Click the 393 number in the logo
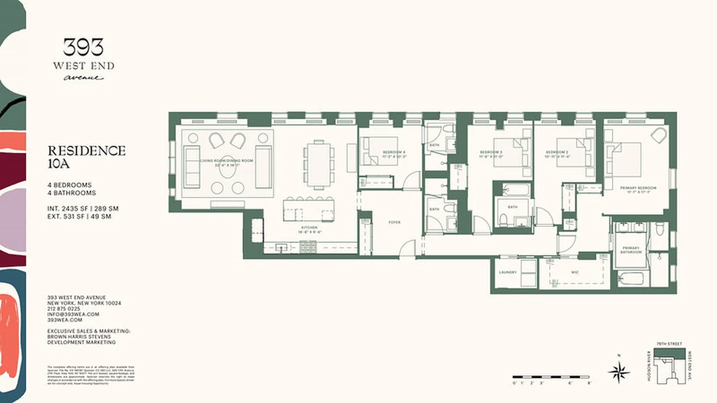(84, 47)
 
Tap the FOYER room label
(394, 222)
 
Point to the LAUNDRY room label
(508, 273)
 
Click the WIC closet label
(575, 273)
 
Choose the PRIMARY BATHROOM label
(630, 250)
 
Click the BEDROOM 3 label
(491, 152)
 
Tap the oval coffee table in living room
(226, 166)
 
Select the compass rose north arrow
(618, 372)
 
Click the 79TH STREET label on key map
(669, 344)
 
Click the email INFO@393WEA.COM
(73, 314)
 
